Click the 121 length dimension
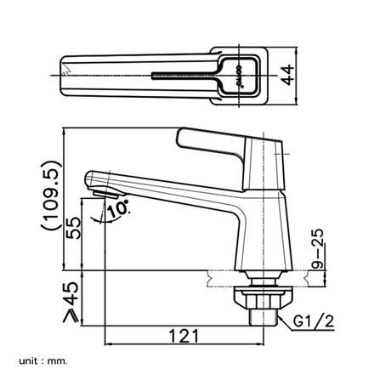coord(178,336)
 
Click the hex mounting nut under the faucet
coord(264,298)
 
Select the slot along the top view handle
coord(183,75)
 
